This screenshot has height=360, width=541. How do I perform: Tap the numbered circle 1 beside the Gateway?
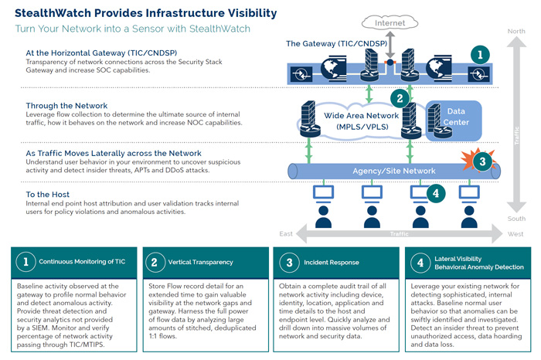coord(480,54)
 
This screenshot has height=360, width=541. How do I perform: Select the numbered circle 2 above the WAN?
coord(400,97)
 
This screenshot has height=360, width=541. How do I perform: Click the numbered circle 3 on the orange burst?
coord(482,162)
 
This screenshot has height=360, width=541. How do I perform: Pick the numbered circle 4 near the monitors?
coord(434,193)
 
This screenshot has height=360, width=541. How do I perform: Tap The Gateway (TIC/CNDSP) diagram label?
coord(349,43)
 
